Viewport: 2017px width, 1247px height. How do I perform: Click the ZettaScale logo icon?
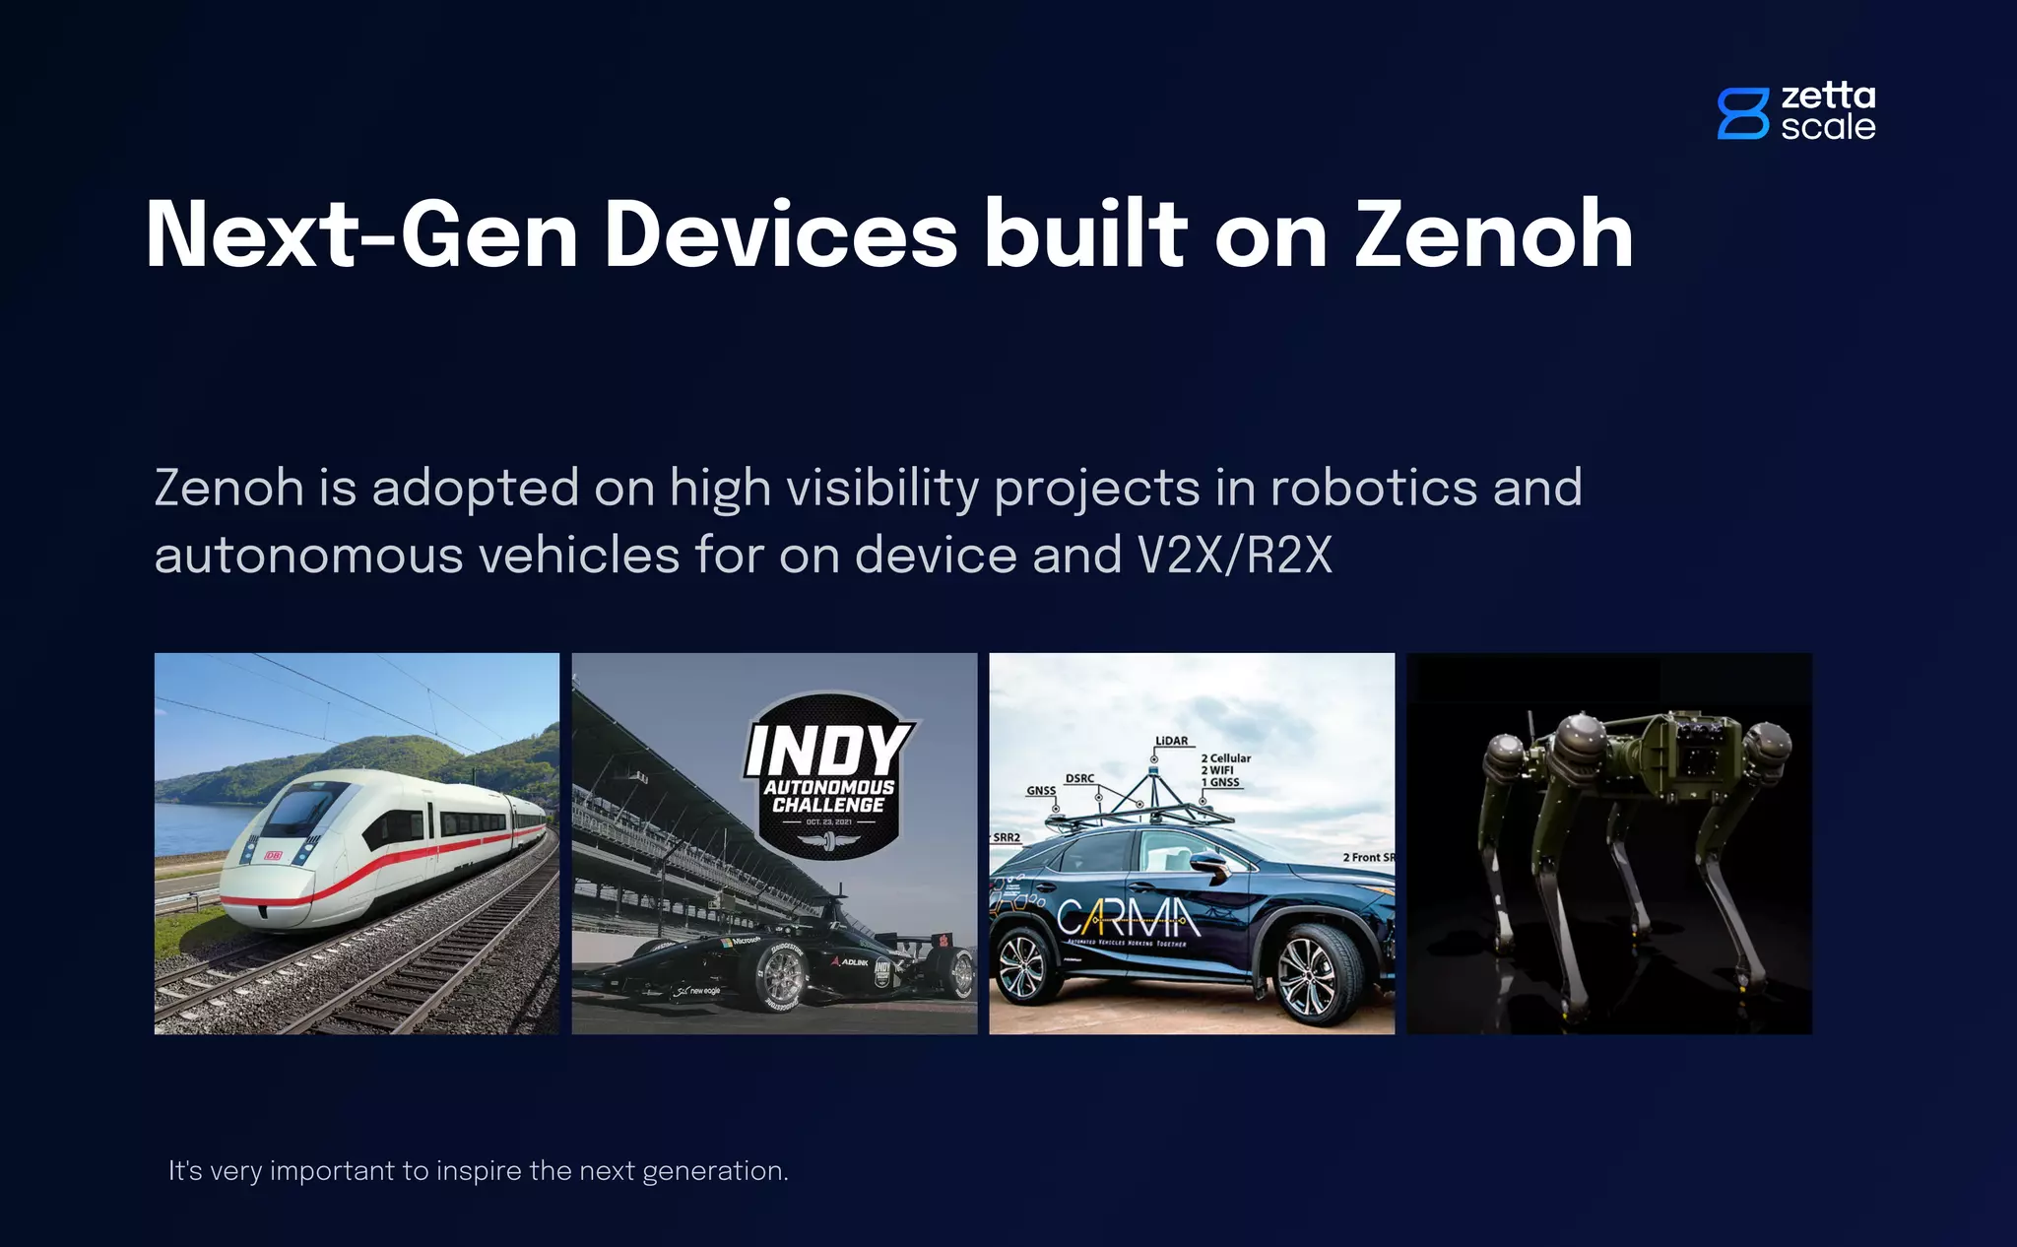coord(1742,113)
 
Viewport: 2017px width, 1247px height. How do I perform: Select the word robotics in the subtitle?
coord(1374,488)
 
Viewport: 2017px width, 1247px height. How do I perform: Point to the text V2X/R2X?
coord(1234,556)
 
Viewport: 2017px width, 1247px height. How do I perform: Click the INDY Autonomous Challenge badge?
coord(828,775)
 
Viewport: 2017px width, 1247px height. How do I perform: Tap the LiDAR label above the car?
coord(1171,741)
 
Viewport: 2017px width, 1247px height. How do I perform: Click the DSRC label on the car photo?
coord(1079,778)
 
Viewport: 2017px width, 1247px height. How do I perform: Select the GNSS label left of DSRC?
coord(1041,791)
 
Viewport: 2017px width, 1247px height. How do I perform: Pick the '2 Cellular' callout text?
coord(1225,758)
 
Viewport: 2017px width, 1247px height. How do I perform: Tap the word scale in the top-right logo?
coord(1828,127)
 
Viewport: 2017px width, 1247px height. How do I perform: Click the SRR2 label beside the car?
coord(1007,837)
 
